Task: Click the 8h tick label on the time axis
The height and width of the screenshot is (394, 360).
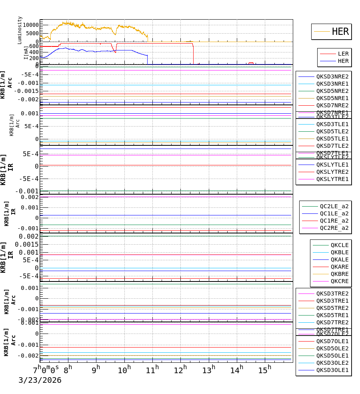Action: [x=68, y=369]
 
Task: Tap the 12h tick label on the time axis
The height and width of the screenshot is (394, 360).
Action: [x=180, y=369]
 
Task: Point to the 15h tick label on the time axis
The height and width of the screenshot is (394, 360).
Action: [x=264, y=369]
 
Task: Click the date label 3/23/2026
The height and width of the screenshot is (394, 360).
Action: [x=40, y=380]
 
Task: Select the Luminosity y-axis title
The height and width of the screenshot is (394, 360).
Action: [x=20, y=30]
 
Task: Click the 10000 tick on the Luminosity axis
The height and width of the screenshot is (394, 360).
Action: [x=30, y=25]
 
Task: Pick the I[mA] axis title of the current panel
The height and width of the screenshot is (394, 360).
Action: [x=26, y=53]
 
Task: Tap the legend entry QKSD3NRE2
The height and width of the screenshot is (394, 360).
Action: [x=332, y=76]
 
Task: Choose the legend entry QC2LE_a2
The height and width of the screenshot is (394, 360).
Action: [x=334, y=206]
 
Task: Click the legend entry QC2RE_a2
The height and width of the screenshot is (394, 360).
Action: [x=334, y=228]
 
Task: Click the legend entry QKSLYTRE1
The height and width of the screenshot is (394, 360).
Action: [x=332, y=179]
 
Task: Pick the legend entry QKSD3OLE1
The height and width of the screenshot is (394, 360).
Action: [x=332, y=370]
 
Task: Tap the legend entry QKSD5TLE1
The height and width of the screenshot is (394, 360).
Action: [x=332, y=139]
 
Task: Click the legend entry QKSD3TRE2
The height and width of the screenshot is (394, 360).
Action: [x=332, y=293]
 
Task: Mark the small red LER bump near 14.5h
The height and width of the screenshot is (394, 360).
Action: [x=251, y=63]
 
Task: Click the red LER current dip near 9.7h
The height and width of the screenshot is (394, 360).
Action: [x=115, y=52]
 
